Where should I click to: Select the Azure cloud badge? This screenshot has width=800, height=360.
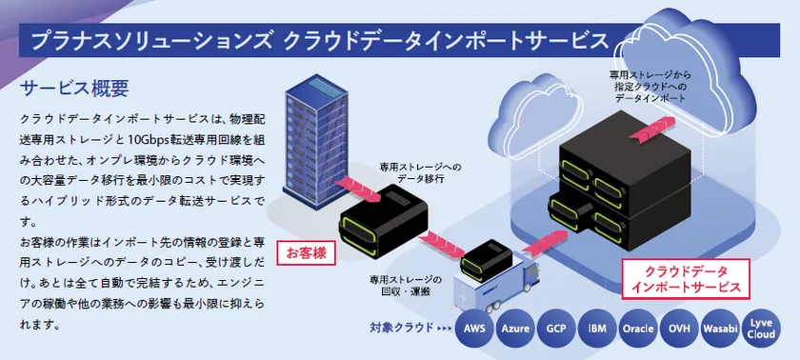click(515, 330)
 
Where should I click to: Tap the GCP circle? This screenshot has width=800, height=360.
click(555, 330)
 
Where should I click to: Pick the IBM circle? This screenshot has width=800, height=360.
click(596, 330)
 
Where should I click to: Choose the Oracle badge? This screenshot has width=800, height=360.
click(637, 330)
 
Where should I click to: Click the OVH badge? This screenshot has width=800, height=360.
click(678, 330)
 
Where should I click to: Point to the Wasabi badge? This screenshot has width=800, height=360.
click(719, 330)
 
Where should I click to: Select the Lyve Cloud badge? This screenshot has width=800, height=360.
click(760, 330)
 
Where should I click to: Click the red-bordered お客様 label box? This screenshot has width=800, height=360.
click(306, 253)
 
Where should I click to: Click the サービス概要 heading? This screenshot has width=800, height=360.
click(74, 89)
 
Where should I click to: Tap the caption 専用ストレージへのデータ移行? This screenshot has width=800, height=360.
click(420, 171)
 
